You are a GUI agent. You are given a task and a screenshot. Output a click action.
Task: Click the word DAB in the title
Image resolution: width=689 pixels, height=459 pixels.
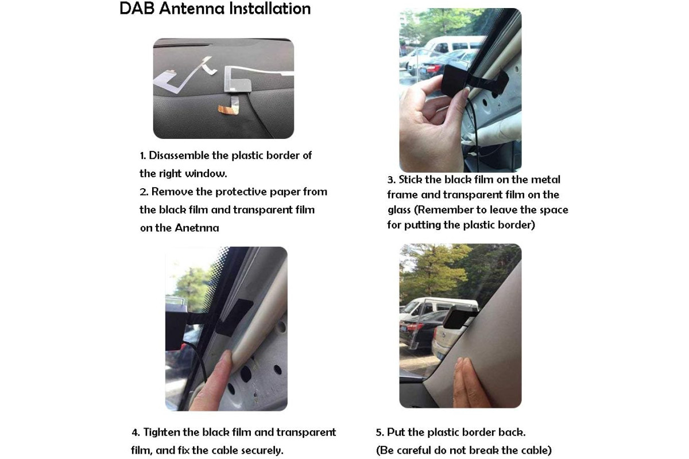[x=137, y=9]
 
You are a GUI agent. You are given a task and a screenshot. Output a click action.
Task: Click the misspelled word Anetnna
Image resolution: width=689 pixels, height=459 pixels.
[x=197, y=228]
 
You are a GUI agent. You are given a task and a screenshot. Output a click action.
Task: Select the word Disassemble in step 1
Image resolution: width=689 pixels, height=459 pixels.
[x=179, y=155]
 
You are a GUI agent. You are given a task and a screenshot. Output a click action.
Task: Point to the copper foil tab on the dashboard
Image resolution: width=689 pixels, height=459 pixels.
[x=229, y=108]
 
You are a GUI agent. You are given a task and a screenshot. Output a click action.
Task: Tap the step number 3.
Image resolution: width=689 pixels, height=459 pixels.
[x=390, y=180]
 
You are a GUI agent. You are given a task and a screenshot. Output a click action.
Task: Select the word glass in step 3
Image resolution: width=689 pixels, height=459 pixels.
[x=399, y=211]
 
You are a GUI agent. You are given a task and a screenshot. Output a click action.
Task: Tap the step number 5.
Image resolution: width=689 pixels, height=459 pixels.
[x=380, y=433]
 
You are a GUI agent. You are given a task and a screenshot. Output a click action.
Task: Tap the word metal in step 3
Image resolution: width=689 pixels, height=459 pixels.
[x=545, y=180]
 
